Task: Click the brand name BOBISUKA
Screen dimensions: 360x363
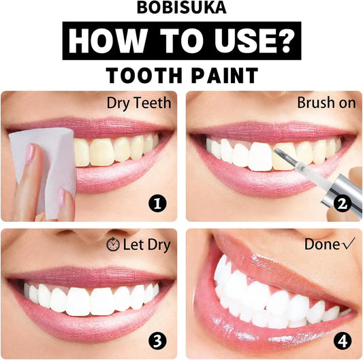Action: pyautogui.click(x=181, y=10)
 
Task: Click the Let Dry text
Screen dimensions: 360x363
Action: pyautogui.click(x=146, y=244)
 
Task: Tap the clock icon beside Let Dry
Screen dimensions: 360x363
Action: pyautogui.click(x=113, y=244)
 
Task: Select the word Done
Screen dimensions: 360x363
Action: pyautogui.click(x=321, y=244)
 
